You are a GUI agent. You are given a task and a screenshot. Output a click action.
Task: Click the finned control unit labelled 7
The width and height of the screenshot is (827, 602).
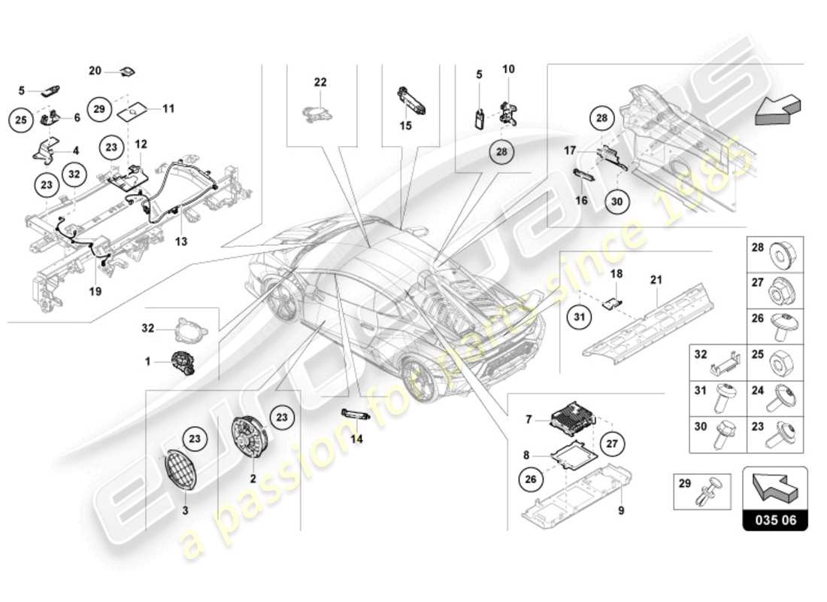[575, 413]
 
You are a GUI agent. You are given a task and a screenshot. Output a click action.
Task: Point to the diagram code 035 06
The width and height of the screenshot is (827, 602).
[775, 519]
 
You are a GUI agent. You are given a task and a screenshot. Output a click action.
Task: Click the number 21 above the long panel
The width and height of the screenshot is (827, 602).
[655, 281]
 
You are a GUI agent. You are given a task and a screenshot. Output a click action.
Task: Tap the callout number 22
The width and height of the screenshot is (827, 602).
[321, 81]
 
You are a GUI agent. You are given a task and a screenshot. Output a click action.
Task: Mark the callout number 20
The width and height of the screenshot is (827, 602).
[95, 71]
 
